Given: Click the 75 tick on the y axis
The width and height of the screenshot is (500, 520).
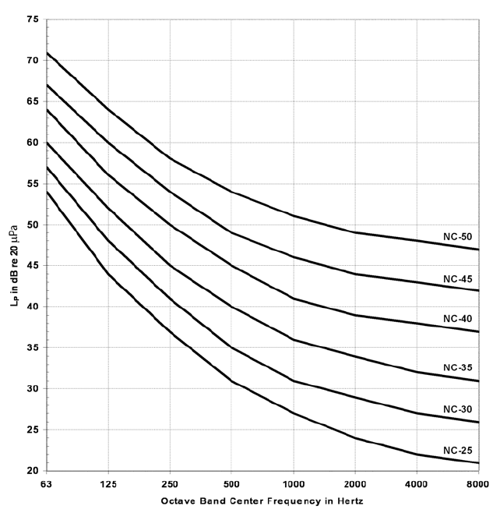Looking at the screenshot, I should point(33,18).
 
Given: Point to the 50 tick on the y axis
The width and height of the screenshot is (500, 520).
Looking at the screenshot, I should point(33,225).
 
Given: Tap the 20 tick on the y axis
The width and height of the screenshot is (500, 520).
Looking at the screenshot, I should point(33,471).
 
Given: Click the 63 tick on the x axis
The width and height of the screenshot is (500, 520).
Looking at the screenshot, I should point(48,484).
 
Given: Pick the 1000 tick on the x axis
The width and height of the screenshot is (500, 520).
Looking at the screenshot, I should point(293,484).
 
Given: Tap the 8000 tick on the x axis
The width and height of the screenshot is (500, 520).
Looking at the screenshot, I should point(477,484).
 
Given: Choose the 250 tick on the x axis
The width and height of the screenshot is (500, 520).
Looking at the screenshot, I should point(170,484).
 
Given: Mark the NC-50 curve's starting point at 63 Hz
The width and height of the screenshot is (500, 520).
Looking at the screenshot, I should point(48,52).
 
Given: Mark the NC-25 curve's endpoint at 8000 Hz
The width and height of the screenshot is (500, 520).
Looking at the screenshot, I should point(477,463).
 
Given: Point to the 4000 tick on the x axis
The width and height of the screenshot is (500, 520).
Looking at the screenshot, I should point(416,484).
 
